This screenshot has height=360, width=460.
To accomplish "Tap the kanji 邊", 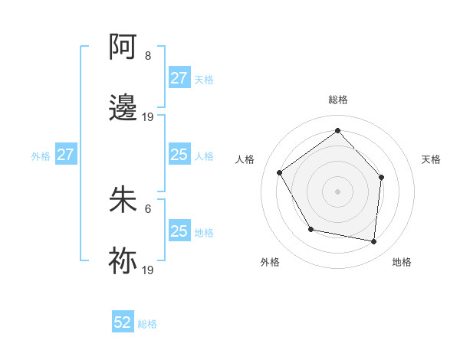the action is pos(123,108).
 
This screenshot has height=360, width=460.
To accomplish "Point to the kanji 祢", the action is pos(123,260).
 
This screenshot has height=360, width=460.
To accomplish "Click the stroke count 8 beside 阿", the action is pos(147,56).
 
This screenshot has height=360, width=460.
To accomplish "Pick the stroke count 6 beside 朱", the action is pos(147,208).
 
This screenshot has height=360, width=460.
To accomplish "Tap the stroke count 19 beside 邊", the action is pos(148,117).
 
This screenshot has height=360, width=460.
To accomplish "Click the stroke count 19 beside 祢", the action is pos(148,270).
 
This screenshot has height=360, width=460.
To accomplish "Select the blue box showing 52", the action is pos(123,323).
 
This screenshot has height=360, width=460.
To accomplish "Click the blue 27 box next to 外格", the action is pos(66,155).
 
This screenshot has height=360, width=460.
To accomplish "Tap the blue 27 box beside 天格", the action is pos(179,78).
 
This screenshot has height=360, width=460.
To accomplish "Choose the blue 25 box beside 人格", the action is pos(179,155).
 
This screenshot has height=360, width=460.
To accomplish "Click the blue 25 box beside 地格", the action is pos(179,231).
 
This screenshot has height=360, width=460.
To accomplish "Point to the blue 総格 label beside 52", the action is pos(147,324).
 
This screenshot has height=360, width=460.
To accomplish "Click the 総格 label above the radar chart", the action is pos(338,100).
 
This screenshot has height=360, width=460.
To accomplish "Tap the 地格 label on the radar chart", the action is pos(402,262).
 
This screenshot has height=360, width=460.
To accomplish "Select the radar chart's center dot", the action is pos(337,191).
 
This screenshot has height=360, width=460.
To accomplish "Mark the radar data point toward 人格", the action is pos(280,173).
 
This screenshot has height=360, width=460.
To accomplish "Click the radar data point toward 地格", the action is pos(373,241).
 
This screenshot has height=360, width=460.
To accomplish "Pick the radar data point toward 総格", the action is pos(337,130).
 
